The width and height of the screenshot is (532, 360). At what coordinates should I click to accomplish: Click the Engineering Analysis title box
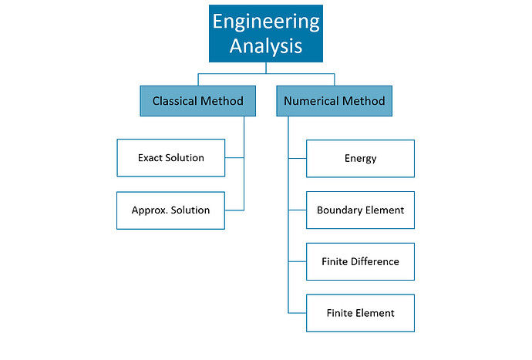[266, 34]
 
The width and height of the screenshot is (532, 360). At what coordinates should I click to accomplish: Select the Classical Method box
[197, 101]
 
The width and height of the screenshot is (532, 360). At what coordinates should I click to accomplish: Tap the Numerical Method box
[334, 101]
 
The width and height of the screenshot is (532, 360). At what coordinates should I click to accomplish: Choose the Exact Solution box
[170, 158]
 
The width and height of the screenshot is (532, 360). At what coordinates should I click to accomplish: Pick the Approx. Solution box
[170, 210]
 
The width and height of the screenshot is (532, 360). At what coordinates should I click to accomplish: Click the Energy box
[360, 159]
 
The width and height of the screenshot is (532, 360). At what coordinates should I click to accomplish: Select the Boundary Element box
[360, 210]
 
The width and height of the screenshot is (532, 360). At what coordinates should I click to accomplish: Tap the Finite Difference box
[360, 261]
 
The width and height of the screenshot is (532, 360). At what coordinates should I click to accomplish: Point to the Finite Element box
[360, 313]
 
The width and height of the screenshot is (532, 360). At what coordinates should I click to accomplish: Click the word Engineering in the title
[266, 22]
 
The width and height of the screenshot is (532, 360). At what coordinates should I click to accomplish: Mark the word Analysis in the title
[266, 46]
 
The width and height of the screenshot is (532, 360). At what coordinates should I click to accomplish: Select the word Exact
[150, 158]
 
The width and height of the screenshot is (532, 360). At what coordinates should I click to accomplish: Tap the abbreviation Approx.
[148, 210]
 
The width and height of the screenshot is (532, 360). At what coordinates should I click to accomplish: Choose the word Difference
[375, 261]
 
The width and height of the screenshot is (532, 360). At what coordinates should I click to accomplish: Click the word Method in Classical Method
[223, 101]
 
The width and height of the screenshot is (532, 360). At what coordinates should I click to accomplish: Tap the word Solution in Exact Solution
[185, 158]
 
